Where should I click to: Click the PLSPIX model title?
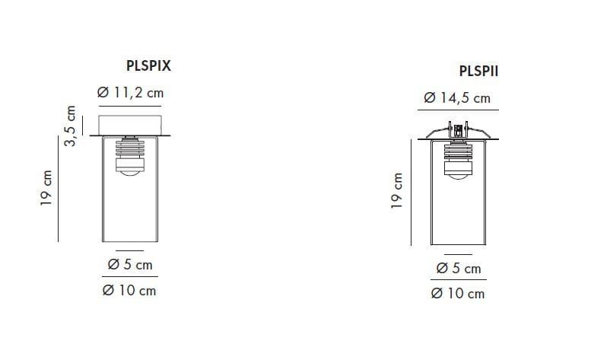[148, 65]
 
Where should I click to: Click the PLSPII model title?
[478, 71]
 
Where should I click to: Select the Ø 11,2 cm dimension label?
[130, 93]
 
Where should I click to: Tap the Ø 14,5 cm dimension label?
[457, 98]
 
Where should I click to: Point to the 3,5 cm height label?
[70, 126]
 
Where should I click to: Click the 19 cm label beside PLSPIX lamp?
[46, 188]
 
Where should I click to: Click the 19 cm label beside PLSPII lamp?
[396, 191]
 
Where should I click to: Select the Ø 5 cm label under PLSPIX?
[130, 265]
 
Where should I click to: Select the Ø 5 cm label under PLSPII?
[459, 269]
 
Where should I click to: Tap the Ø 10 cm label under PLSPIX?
[129, 291]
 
